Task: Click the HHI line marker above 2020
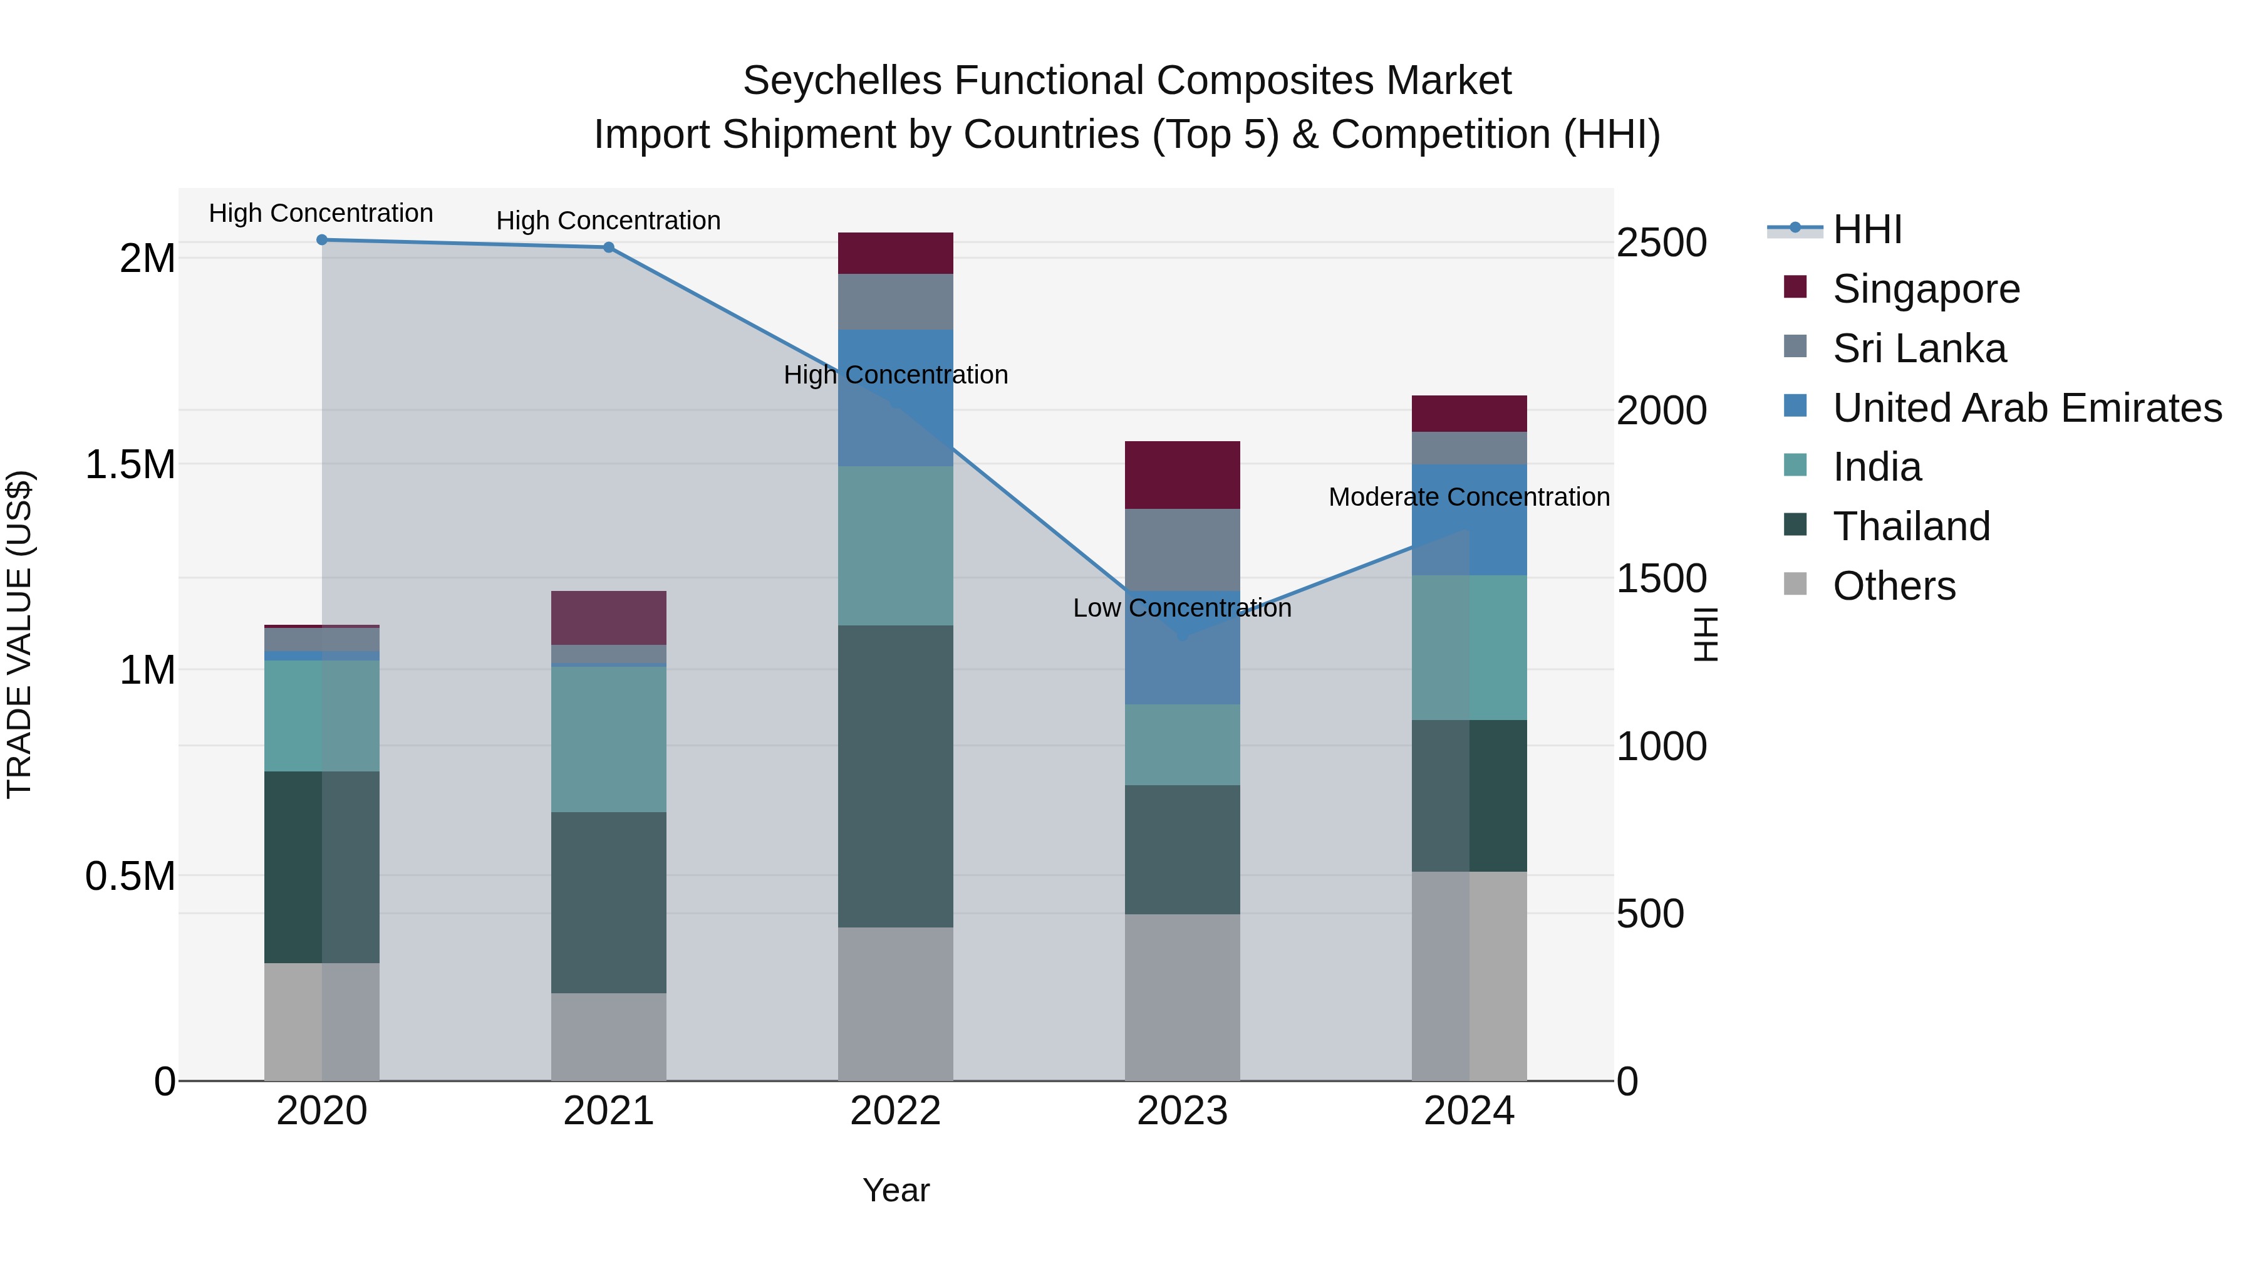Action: [x=322, y=240]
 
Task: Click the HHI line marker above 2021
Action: [x=608, y=248]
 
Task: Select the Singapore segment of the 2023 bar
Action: [x=1182, y=474]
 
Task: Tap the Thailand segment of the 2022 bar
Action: [x=894, y=776]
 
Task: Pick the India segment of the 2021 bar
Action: [x=608, y=739]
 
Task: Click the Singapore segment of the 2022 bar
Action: [x=894, y=253]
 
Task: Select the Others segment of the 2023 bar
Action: [x=1182, y=998]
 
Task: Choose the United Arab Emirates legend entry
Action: [x=2026, y=408]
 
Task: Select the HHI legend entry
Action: [x=1867, y=229]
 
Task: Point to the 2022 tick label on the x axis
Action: [x=894, y=1111]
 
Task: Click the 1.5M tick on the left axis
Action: [x=130, y=465]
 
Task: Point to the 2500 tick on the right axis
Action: [x=1661, y=244]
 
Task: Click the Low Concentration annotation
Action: [x=1182, y=608]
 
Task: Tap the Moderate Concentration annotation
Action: [x=1468, y=496]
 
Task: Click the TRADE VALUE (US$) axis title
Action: [x=19, y=634]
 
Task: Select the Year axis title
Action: [x=896, y=1190]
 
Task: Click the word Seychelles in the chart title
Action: [x=842, y=81]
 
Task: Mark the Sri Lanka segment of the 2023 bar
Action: [x=1182, y=550]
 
